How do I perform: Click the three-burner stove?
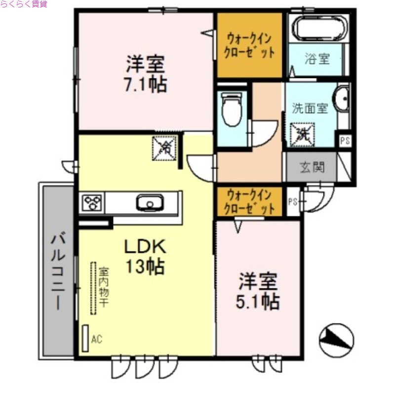tap(92, 203)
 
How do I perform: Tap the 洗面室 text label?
tap(310, 109)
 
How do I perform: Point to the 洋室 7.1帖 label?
tap(145, 74)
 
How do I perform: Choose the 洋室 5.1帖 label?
tap(258, 291)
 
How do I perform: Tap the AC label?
tap(97, 339)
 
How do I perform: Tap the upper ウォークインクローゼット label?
tap(250, 44)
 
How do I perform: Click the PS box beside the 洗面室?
tap(344, 141)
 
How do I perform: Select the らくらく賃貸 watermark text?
tap(24, 4)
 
